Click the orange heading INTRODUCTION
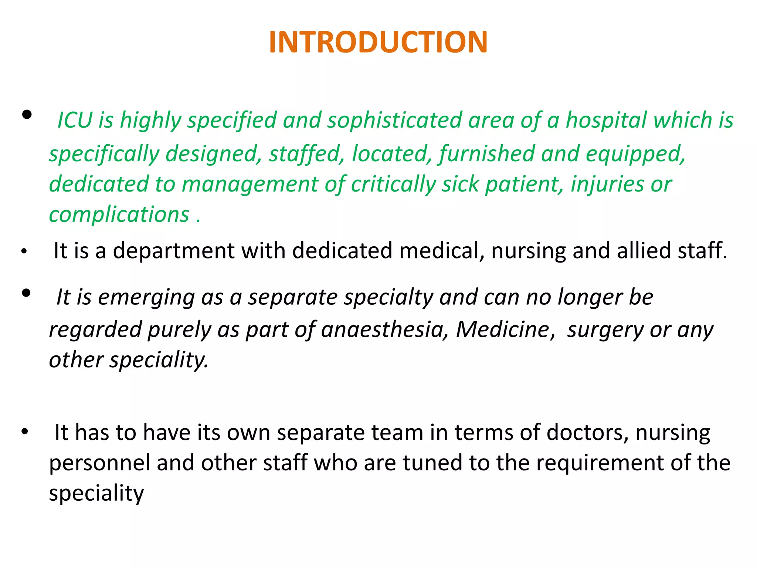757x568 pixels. point(378,42)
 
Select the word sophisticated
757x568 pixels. point(394,120)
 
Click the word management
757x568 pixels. point(250,185)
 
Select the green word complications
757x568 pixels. point(119,214)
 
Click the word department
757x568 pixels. point(173,251)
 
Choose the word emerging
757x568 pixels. point(146,297)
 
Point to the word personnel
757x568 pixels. point(99,463)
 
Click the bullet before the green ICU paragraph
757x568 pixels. point(27,115)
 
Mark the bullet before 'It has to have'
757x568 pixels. point(25,432)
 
